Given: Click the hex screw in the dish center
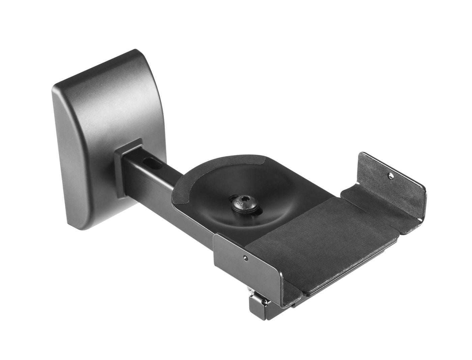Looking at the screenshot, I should (240, 203).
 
